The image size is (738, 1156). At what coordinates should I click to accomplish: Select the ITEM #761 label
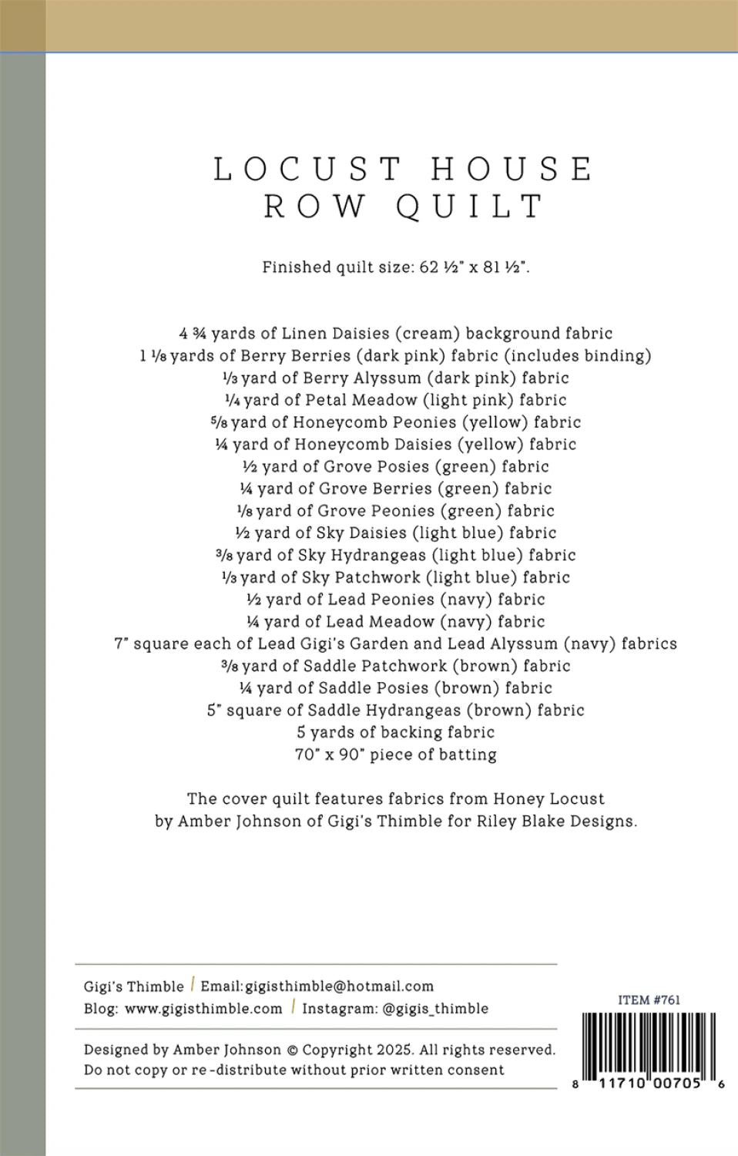649,1000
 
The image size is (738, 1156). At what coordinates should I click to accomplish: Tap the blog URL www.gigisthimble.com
203,1008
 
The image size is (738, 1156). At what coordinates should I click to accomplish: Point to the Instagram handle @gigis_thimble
435,1008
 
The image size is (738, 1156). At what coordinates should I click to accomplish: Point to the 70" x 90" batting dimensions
330,754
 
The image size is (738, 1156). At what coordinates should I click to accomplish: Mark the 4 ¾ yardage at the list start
193,334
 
